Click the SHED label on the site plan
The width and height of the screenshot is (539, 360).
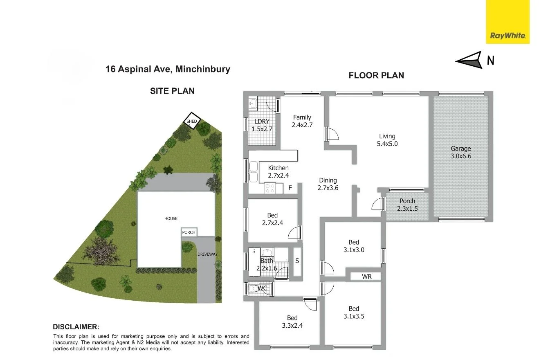192,121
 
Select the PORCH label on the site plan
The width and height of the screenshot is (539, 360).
189,232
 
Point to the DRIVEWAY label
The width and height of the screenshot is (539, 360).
208,254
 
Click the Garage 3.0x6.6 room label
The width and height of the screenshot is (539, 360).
461,152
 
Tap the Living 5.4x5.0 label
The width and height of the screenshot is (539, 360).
387,140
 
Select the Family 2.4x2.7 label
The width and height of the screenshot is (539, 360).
302,121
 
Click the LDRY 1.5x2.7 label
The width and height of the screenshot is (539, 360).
262,125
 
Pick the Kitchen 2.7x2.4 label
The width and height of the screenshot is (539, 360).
278,171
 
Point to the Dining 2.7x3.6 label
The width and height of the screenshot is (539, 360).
328,184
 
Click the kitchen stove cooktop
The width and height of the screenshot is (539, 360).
270,188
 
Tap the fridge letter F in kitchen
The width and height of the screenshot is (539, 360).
290,188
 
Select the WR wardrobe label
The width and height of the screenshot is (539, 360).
366,277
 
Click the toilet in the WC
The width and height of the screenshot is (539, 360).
252,288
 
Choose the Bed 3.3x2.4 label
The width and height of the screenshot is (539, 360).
292,322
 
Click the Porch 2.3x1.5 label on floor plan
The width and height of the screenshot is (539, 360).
407,205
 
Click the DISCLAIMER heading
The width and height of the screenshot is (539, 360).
76,327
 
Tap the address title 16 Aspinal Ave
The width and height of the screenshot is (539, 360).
168,69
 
